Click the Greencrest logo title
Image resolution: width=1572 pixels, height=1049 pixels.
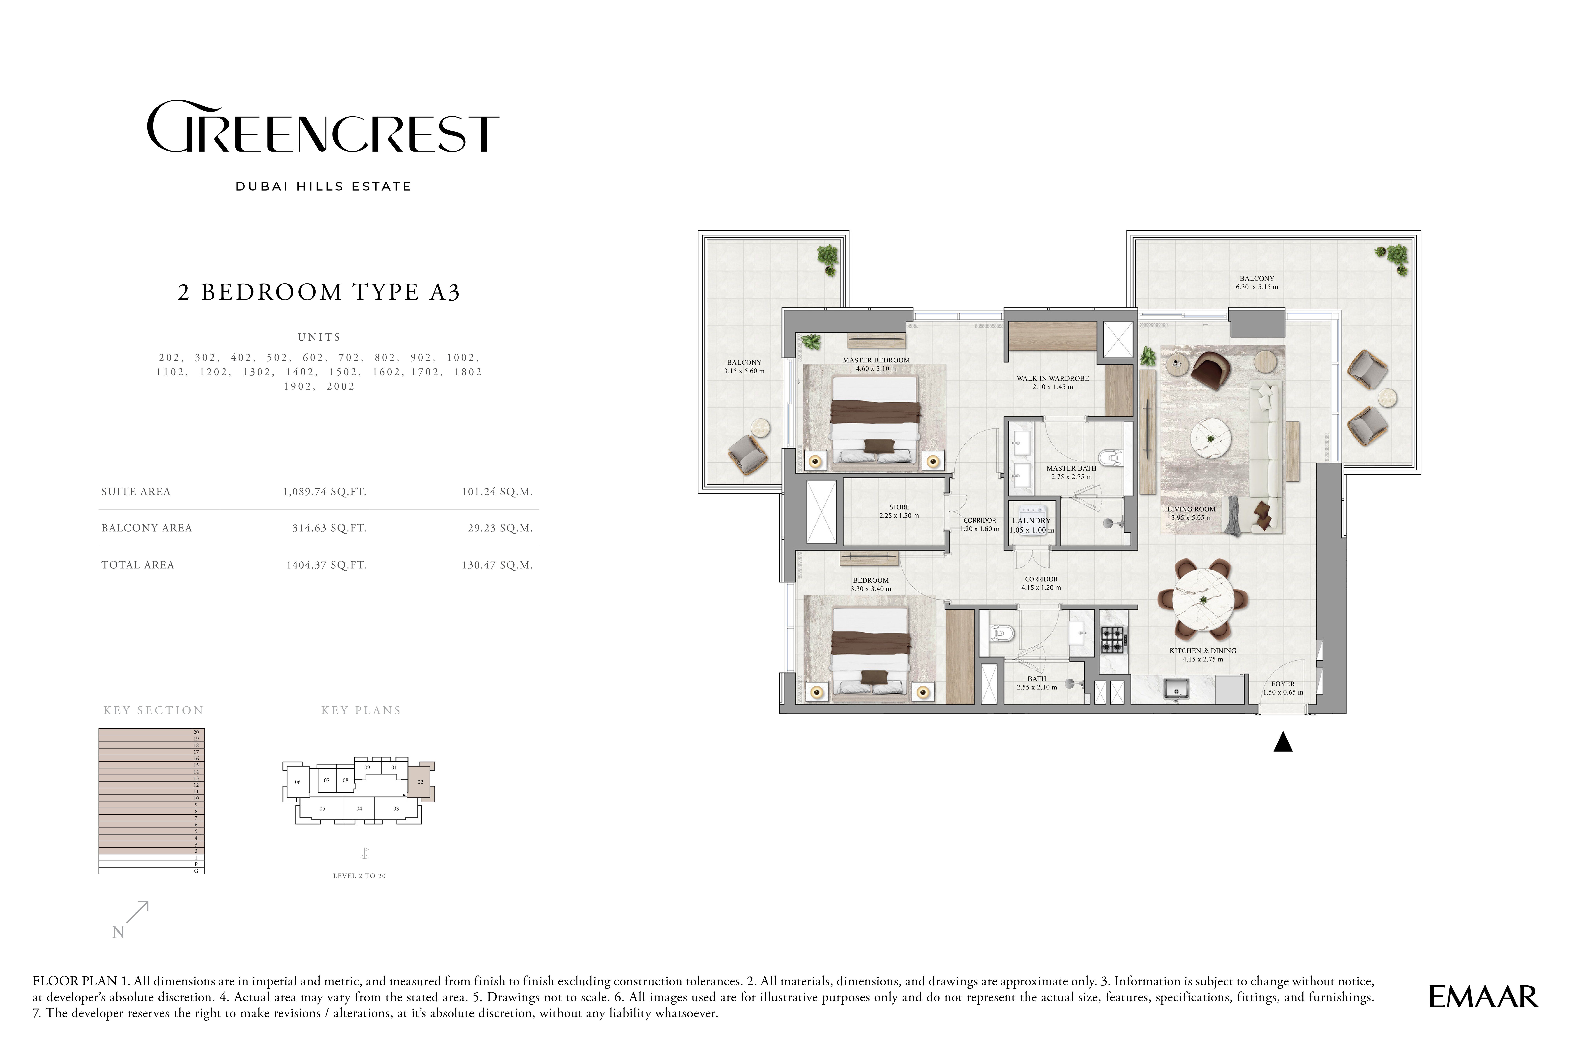tap(323, 127)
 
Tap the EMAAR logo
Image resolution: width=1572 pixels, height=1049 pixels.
tap(1483, 997)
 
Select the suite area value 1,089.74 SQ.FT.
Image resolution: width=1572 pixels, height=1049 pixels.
tap(325, 492)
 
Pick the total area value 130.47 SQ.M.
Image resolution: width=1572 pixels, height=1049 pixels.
tap(497, 565)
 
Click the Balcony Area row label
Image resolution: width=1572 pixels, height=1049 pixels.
tap(146, 528)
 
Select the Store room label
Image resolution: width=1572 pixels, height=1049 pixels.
tap(899, 507)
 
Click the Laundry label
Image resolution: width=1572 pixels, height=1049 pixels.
tap(1032, 520)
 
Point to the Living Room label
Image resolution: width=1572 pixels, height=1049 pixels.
tap(1191, 509)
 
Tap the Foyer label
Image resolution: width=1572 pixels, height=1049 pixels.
tap(1282, 684)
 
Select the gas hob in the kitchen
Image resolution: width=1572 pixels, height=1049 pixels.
tap(1114, 639)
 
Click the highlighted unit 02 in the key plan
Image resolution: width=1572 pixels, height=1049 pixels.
tap(420, 781)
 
